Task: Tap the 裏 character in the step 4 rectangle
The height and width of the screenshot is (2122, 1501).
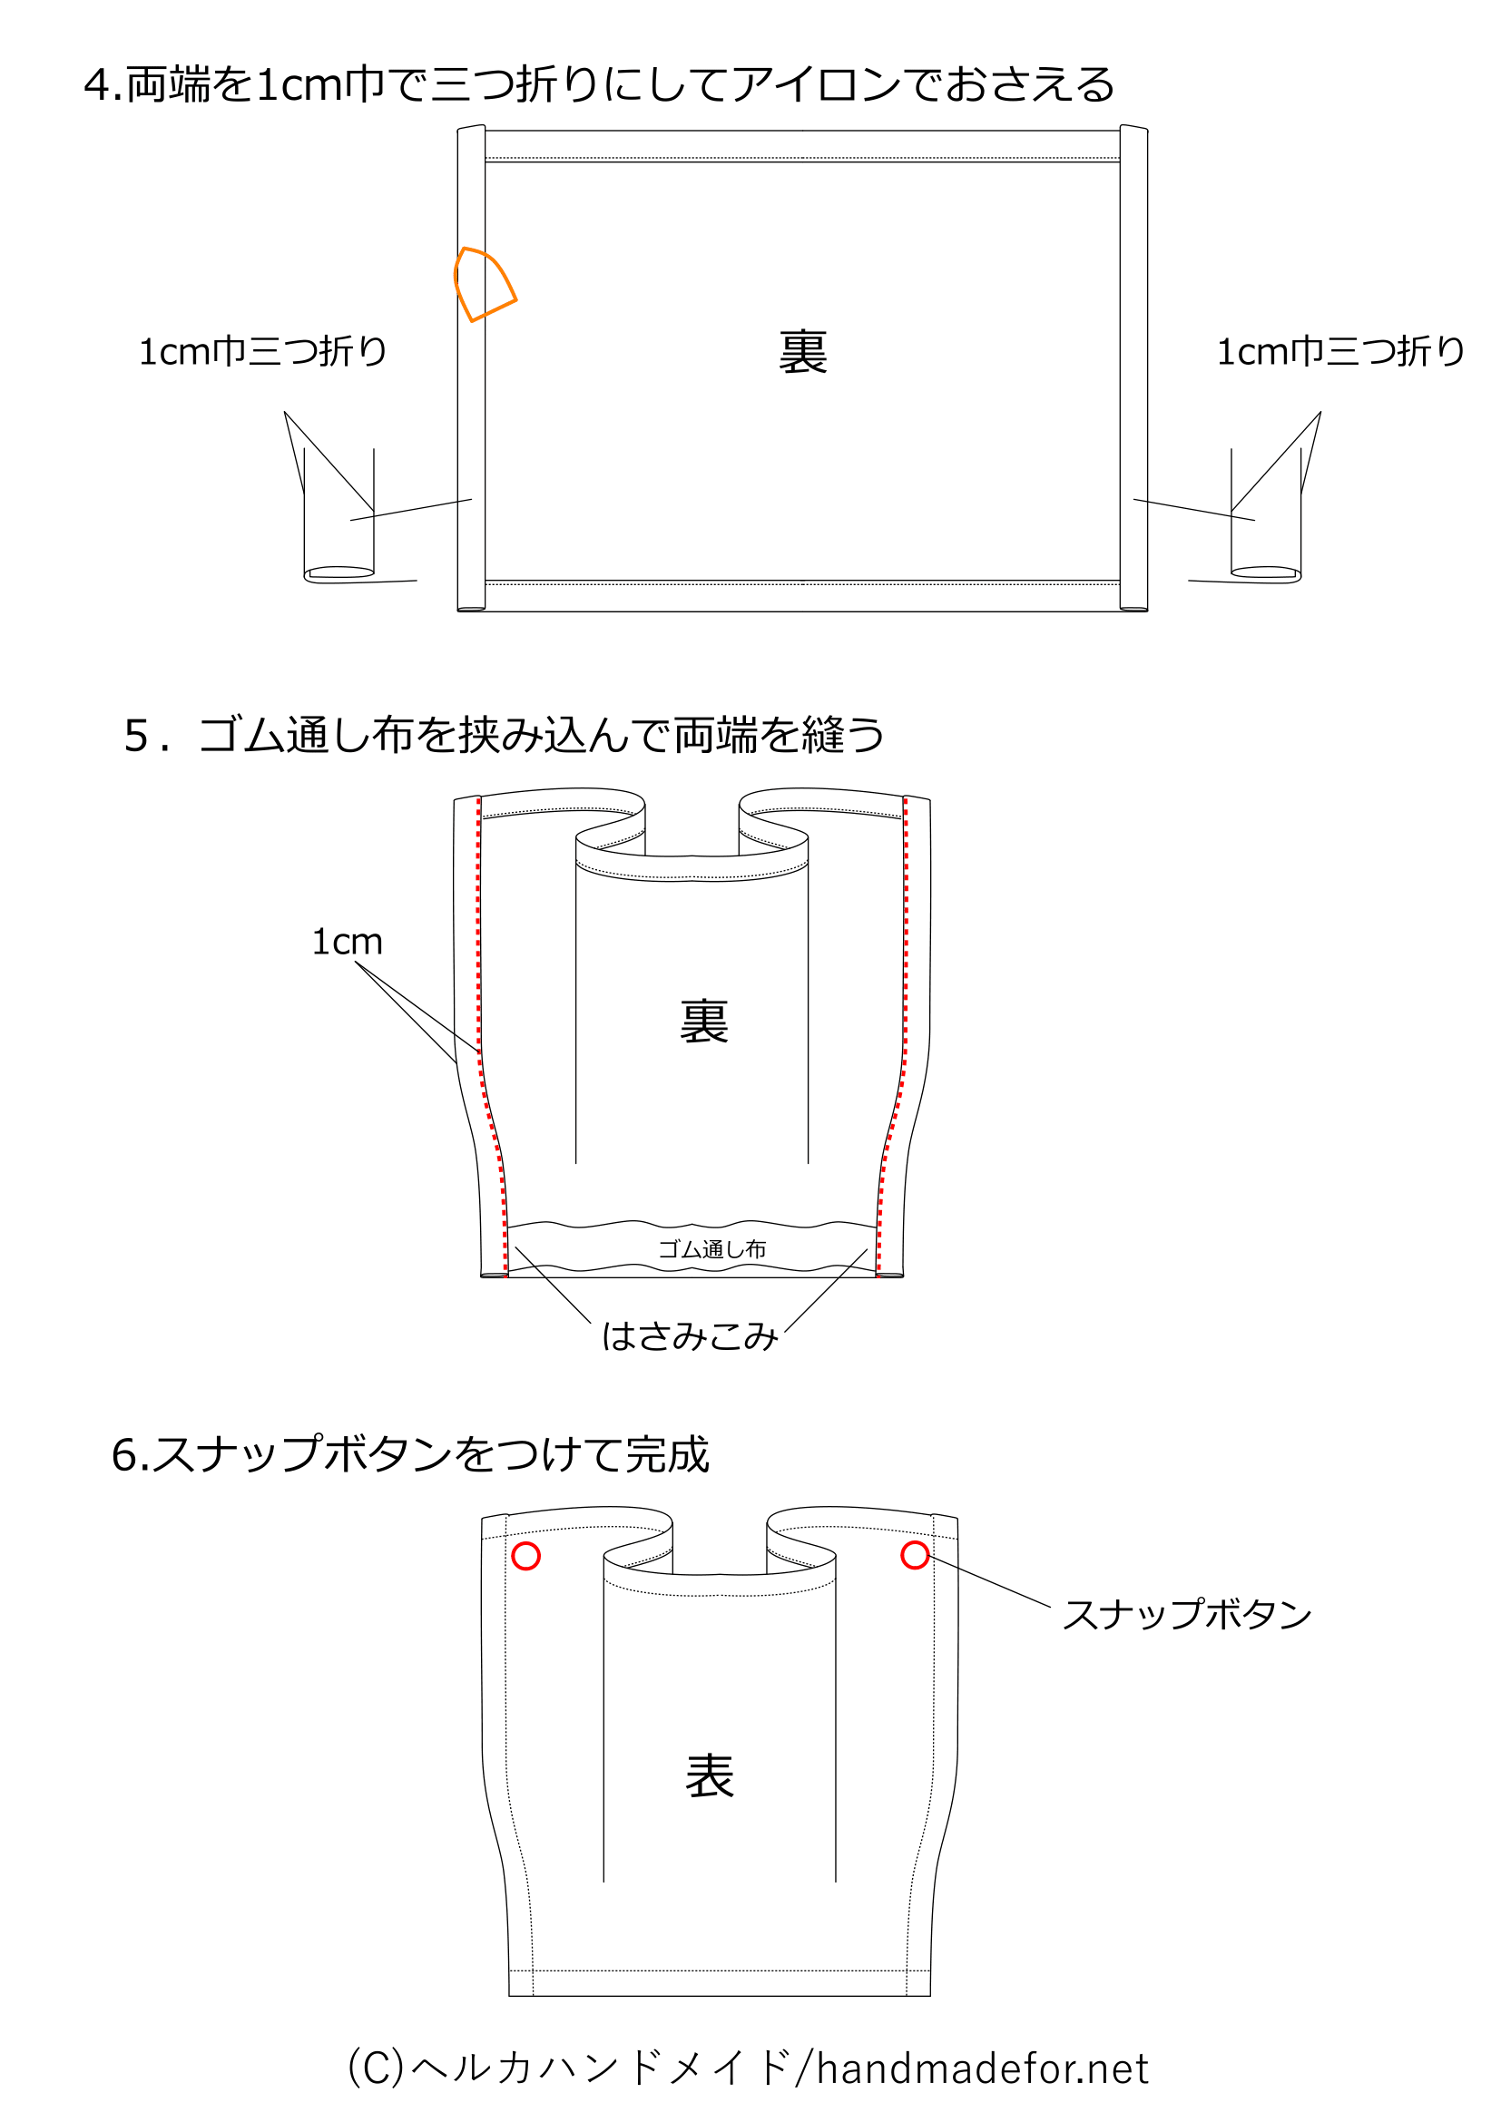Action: pyautogui.click(x=802, y=353)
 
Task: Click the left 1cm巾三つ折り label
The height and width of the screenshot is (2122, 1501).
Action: pyautogui.click(x=262, y=352)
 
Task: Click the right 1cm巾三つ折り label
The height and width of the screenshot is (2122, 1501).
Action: pyautogui.click(x=1340, y=352)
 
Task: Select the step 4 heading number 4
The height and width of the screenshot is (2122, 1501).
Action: pyautogui.click(x=96, y=86)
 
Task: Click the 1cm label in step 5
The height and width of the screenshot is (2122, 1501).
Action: pyautogui.click(x=347, y=942)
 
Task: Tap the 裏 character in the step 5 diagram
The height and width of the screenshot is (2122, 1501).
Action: pyautogui.click(x=704, y=1022)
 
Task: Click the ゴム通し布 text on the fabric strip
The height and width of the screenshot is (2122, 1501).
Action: pyautogui.click(x=711, y=1249)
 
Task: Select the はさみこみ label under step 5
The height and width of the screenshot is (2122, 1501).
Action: pyautogui.click(x=690, y=1336)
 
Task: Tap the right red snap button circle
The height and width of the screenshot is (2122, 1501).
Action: pyautogui.click(x=915, y=1556)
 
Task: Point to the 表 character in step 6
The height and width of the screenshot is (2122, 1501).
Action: pyautogui.click(x=710, y=1776)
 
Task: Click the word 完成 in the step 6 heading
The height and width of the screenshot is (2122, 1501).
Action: pyautogui.click(x=666, y=1455)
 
